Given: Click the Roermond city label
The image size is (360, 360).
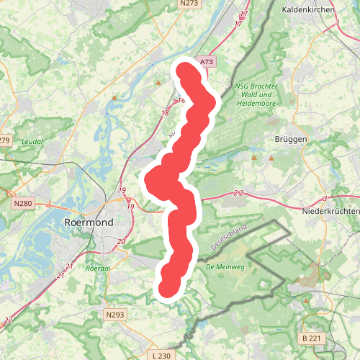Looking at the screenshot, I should pyautogui.click(x=99, y=223).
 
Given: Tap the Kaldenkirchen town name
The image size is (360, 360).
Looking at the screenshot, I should pyautogui.click(x=310, y=10).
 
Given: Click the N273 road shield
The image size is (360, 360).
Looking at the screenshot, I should pyautogui.click(x=189, y=4).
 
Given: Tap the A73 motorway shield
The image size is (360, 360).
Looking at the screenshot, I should pyautogui.click(x=207, y=62).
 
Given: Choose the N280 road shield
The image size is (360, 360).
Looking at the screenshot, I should pyautogui.click(x=24, y=204).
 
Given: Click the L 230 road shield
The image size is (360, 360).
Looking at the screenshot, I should pyautogui.click(x=163, y=356).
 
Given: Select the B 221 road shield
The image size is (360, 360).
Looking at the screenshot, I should pyautogui.click(x=312, y=338).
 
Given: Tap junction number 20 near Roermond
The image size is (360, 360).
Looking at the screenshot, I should pyautogui.click(x=121, y=242).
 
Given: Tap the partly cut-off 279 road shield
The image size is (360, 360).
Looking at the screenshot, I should pyautogui.click(x=5, y=140).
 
